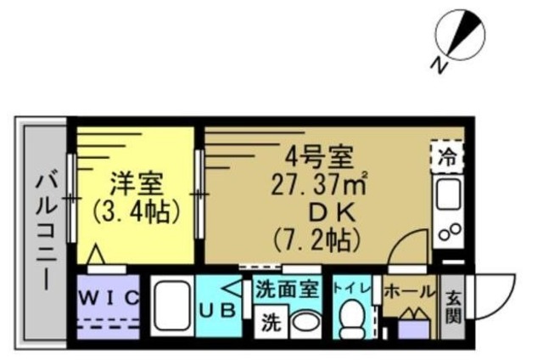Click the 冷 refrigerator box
click(x=446, y=155)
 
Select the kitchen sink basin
click(x=446, y=197)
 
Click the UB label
click(x=216, y=312)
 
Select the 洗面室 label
click(x=287, y=289)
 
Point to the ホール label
click(x=409, y=290)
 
